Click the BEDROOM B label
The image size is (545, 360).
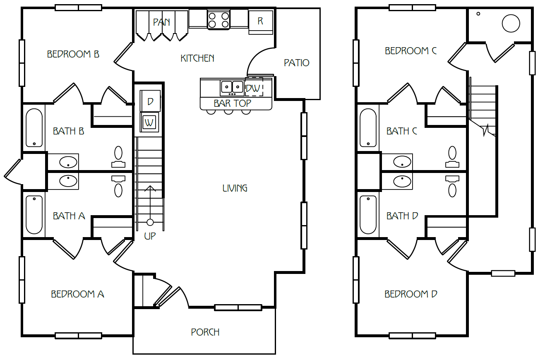(x=73, y=54)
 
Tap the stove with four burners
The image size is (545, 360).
(x=218, y=19)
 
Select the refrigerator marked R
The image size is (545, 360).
(x=260, y=21)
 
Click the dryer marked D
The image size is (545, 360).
(x=150, y=101)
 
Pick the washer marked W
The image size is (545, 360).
(x=149, y=122)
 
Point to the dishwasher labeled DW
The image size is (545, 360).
(x=254, y=88)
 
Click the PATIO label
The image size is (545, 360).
(x=296, y=63)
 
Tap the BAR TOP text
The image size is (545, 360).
(x=232, y=103)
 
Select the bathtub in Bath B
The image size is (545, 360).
(x=34, y=128)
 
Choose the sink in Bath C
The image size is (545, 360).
(x=402, y=162)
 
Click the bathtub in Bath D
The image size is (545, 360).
(x=368, y=215)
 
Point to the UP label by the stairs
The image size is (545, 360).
(x=150, y=237)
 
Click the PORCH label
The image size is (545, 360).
(x=205, y=332)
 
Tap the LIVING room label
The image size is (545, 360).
(x=235, y=188)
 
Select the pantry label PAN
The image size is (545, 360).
(x=161, y=22)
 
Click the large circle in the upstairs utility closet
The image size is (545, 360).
(x=511, y=23)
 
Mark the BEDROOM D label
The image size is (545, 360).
(x=411, y=294)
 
